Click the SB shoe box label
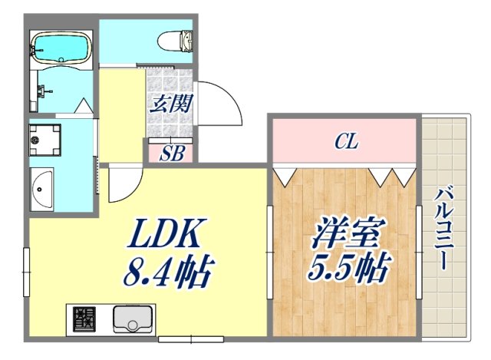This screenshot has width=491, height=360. pyautogui.click(x=170, y=152)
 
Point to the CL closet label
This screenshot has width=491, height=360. pyautogui.click(x=344, y=141)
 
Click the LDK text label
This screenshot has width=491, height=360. pyautogui.click(x=168, y=231)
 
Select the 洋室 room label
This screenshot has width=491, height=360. pyautogui.click(x=346, y=233)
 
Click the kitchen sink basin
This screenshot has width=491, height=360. pyautogui.click(x=131, y=317)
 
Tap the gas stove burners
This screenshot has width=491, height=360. pyautogui.click(x=84, y=317)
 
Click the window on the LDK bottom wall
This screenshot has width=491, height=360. pyautogui.click(x=189, y=338)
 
